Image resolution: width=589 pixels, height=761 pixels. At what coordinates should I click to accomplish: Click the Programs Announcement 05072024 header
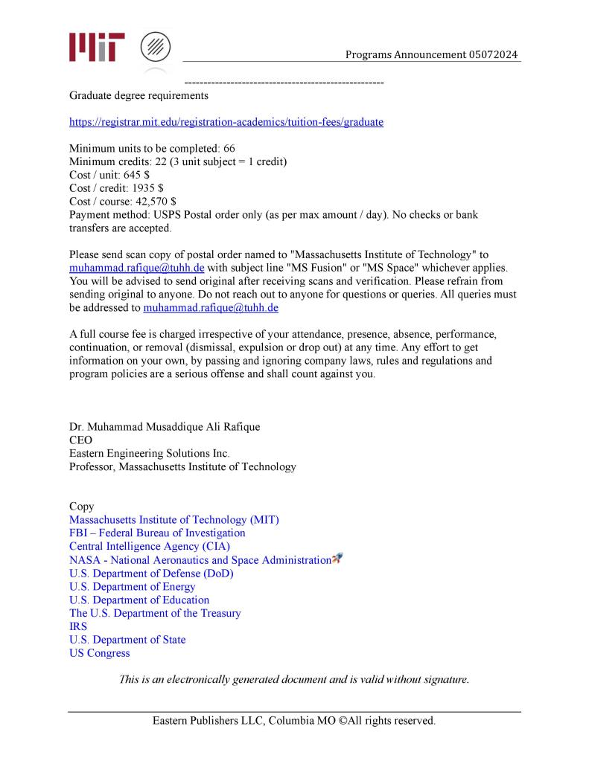[432, 55]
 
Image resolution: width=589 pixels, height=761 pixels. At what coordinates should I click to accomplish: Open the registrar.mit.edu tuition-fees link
[226, 122]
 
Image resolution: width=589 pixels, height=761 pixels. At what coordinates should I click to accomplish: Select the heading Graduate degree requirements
[139, 95]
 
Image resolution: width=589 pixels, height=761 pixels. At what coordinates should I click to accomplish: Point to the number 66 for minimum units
[229, 149]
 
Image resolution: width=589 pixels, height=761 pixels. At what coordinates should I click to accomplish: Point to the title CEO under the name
[80, 440]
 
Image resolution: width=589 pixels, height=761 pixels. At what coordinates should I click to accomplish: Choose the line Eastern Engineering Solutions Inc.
[150, 454]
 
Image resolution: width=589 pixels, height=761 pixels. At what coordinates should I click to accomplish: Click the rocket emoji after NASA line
[337, 559]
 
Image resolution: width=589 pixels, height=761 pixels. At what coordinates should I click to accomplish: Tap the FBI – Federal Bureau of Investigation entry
[157, 533]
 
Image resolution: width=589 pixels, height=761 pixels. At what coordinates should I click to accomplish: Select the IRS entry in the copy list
[78, 626]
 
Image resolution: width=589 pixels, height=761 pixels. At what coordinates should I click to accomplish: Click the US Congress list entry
[99, 653]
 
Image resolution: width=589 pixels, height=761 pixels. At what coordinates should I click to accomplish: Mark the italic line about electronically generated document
[294, 680]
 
